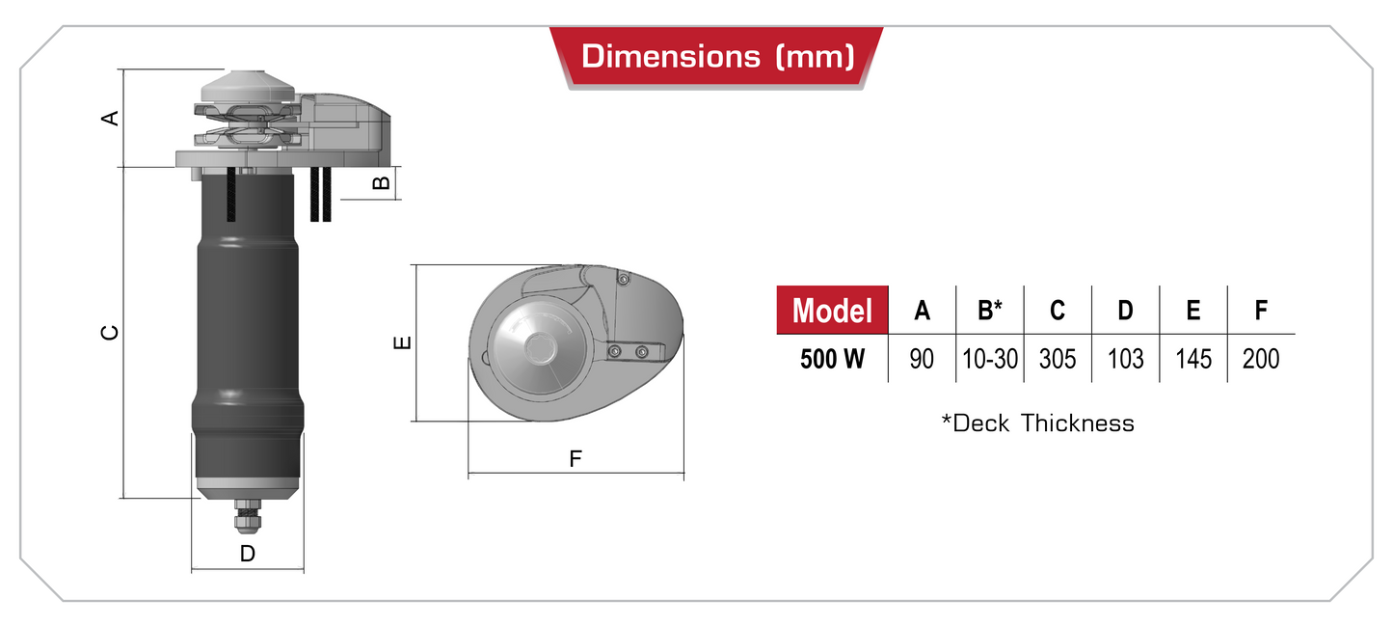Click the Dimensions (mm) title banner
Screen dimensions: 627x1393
click(x=717, y=56)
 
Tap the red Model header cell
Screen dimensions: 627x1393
click(x=832, y=311)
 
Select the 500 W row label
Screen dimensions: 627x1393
click(x=832, y=359)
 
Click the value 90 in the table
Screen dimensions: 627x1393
click(x=922, y=359)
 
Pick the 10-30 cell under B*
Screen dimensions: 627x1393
click(x=990, y=359)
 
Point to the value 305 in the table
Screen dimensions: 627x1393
click(x=1058, y=359)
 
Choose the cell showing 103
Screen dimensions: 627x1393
click(x=1125, y=359)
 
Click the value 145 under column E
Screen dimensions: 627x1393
click(x=1193, y=359)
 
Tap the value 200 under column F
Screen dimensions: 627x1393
click(x=1261, y=359)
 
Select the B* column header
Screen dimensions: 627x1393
click(x=990, y=311)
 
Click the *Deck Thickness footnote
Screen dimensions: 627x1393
click(x=1037, y=423)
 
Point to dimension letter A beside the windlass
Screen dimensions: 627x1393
click(x=110, y=118)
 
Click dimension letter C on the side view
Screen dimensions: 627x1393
click(x=110, y=332)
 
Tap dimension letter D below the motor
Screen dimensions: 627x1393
click(x=248, y=554)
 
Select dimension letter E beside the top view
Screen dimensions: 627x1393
click(x=404, y=342)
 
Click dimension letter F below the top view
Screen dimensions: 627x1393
click(x=576, y=459)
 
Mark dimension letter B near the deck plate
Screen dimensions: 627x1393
click(x=382, y=181)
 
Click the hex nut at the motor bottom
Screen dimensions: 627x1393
click(x=248, y=520)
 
